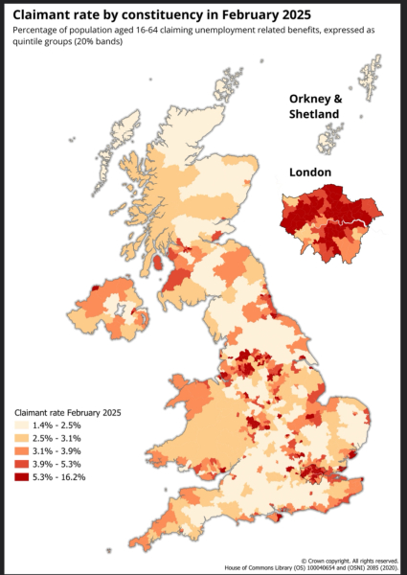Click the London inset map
329,220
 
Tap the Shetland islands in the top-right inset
369,81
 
